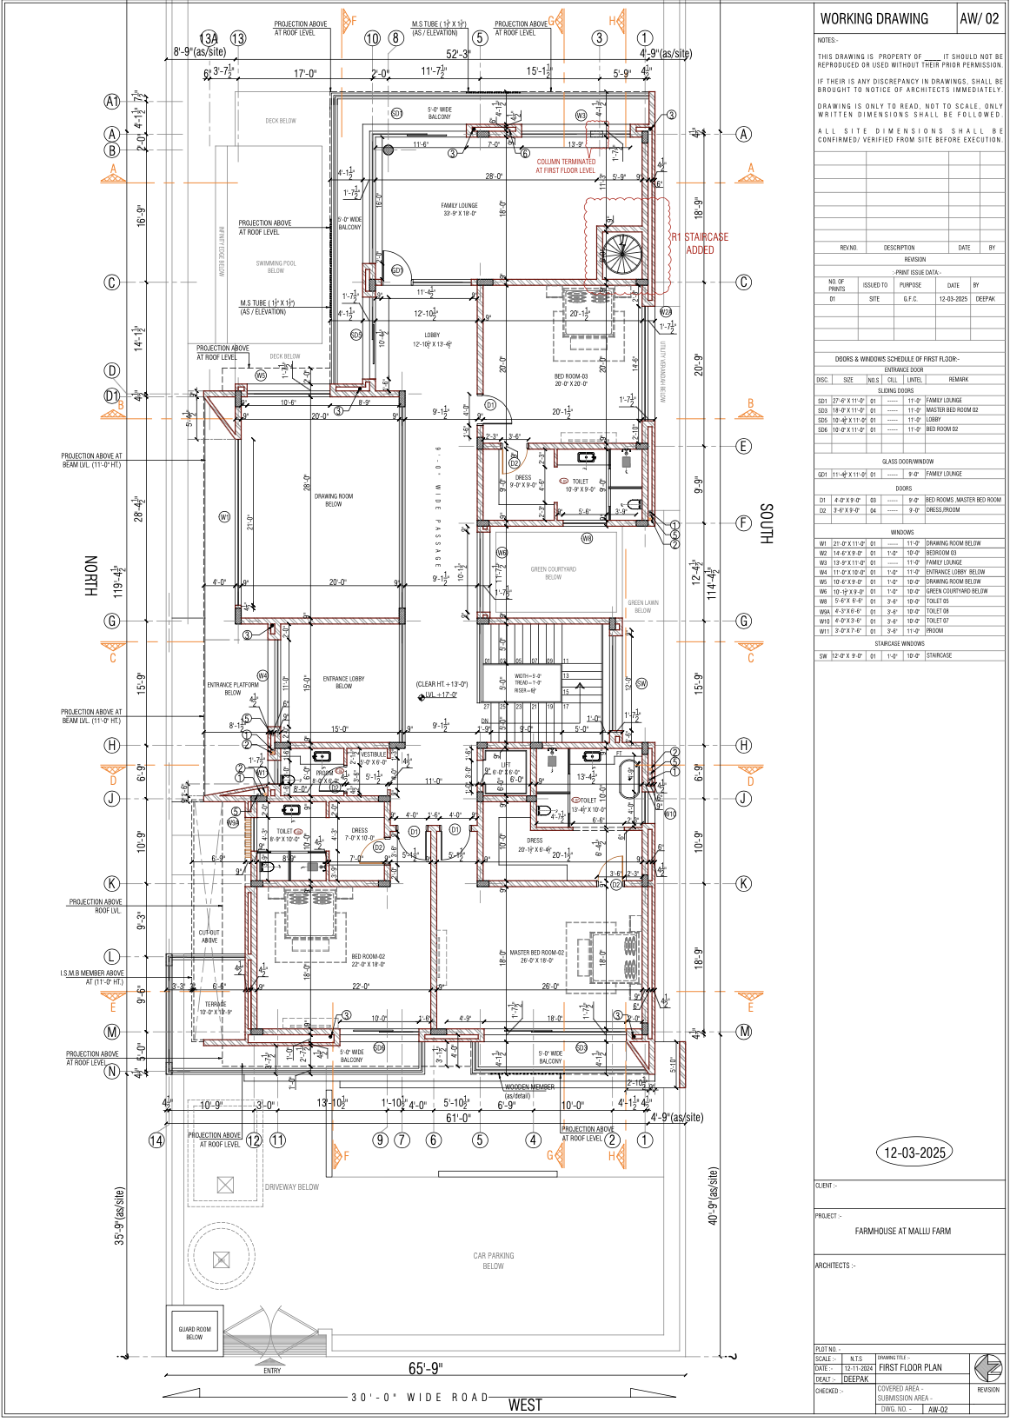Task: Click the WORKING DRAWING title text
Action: [x=874, y=19]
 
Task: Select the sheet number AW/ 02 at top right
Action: [x=979, y=19]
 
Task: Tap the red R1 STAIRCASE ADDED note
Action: [x=700, y=243]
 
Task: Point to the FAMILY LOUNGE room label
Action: [x=459, y=209]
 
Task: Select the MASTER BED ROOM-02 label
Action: [x=536, y=957]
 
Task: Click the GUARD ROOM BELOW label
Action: [x=194, y=1333]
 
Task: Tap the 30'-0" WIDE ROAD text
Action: [x=420, y=1398]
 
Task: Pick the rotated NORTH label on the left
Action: [x=90, y=575]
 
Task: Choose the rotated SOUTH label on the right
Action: [x=766, y=523]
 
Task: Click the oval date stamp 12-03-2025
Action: [x=914, y=1153]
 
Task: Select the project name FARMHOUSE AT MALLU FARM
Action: [x=902, y=1232]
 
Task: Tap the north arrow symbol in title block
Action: [x=987, y=1367]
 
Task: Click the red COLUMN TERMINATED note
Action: [x=566, y=166]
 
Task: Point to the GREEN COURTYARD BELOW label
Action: [x=553, y=573]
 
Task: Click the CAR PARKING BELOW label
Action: [x=493, y=1261]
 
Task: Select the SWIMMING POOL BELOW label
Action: [x=276, y=267]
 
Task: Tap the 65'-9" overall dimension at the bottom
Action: [x=425, y=1369]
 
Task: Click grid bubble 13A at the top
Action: [x=209, y=38]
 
